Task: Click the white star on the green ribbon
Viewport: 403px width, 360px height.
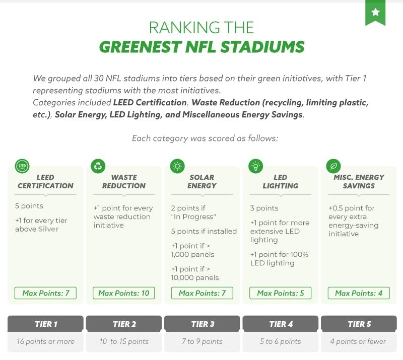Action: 375,12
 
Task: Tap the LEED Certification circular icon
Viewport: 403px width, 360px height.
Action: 22,166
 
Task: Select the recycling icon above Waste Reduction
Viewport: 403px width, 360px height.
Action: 98,166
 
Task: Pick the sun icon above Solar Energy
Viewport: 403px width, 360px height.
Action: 178,166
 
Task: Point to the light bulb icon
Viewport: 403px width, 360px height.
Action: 256,166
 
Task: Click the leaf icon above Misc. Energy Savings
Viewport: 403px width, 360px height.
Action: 333,166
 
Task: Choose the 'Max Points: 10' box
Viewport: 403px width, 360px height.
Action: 124,293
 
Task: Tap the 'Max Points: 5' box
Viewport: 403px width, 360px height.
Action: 281,293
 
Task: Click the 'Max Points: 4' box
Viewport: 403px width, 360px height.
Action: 359,293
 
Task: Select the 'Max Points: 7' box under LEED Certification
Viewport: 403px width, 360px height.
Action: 46,293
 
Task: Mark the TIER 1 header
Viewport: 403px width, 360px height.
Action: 45,324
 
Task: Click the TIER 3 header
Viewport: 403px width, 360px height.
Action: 202,324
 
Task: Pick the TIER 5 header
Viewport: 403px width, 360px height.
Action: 359,324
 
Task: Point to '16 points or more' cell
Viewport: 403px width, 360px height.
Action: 45,341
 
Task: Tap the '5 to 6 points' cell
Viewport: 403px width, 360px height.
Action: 281,341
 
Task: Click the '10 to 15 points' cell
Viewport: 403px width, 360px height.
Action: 124,341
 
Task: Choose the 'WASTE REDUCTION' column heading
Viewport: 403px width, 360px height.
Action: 124,181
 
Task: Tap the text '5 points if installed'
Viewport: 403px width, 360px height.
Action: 204,231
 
